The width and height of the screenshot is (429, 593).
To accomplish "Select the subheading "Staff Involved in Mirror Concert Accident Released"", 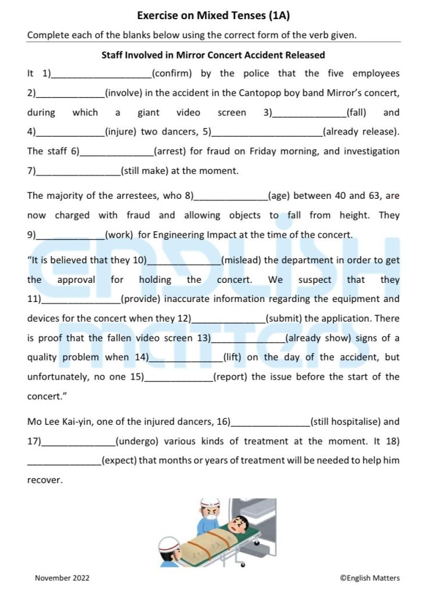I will click(213, 55).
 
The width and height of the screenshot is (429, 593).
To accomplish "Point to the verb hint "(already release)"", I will click(360, 132).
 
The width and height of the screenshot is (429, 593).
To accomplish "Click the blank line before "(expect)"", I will click(64, 461).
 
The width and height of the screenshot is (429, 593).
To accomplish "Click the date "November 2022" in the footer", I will click(62, 578).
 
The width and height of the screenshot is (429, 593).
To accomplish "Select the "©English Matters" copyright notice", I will click(370, 578).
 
